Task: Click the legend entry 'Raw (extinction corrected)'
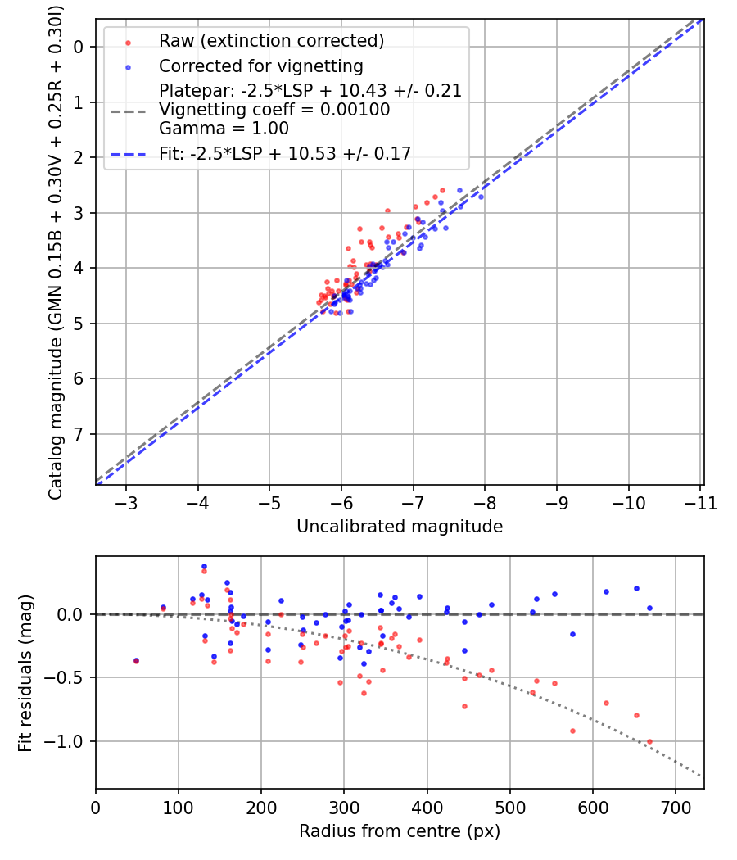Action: pyautogui.click(x=271, y=41)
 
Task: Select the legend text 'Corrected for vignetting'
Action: pyautogui.click(x=261, y=66)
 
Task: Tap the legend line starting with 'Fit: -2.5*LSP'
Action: pyautogui.click(x=285, y=154)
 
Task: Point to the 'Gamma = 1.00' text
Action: pyautogui.click(x=224, y=129)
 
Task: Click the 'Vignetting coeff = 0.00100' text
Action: pyautogui.click(x=274, y=110)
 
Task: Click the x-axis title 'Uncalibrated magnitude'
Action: pyautogui.click(x=400, y=527)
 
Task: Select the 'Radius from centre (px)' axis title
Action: pyautogui.click(x=400, y=831)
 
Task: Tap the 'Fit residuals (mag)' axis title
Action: pyautogui.click(x=25, y=673)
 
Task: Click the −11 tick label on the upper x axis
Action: pyautogui.click(x=701, y=504)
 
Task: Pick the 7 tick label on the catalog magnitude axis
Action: pyautogui.click(x=79, y=434)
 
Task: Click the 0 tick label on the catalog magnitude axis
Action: pyautogui.click(x=79, y=48)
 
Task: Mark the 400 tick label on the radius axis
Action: pyautogui.click(x=427, y=808)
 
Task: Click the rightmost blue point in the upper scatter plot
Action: pyautogui.click(x=481, y=197)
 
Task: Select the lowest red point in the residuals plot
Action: pyautogui.click(x=650, y=741)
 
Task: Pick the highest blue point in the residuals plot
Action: pyautogui.click(x=204, y=566)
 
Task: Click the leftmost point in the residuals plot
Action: pyautogui.click(x=137, y=660)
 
